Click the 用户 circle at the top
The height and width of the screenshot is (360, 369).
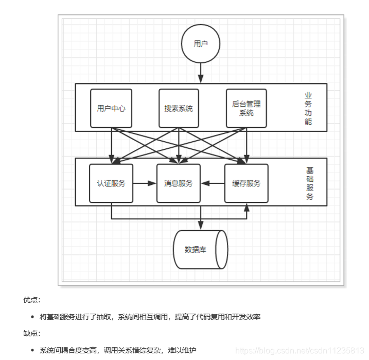201,44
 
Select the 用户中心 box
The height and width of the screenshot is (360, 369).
111,108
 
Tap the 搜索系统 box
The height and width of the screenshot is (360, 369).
179,108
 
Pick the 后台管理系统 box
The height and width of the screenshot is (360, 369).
247,108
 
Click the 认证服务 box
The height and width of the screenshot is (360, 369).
111,183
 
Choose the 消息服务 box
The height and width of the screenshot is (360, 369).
179,183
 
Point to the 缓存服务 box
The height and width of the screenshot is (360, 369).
247,183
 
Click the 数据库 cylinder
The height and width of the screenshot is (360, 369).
200,250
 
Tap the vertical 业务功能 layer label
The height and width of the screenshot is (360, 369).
308,108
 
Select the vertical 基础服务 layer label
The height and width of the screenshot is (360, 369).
309,183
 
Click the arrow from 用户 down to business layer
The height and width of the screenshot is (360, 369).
201,72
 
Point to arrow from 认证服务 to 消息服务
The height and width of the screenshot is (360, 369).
145,183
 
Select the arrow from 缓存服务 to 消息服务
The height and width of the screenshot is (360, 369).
213,183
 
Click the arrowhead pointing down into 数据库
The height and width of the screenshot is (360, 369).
201,226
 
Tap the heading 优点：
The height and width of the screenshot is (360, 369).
31,300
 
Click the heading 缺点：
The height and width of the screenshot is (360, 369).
31,333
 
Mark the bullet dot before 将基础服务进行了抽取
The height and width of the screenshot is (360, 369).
32,317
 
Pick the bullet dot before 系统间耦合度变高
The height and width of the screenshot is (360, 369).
32,350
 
